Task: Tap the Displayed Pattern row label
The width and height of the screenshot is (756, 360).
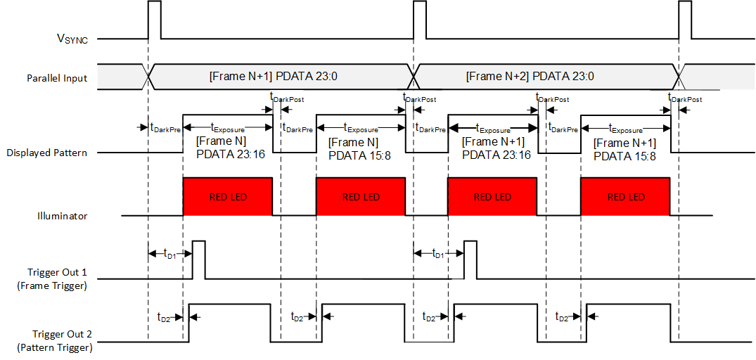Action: click(x=46, y=152)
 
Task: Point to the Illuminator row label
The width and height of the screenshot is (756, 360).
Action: click(x=63, y=216)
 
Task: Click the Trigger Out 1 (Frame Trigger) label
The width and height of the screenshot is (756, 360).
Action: click(x=57, y=278)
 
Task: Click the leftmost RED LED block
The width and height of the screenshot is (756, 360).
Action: click(x=227, y=197)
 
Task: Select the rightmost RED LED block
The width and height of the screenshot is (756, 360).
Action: click(x=625, y=197)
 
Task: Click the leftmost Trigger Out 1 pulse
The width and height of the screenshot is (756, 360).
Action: click(x=198, y=259)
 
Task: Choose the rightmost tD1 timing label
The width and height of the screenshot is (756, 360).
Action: click(x=437, y=253)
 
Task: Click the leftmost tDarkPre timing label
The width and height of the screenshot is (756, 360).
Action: click(x=162, y=127)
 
